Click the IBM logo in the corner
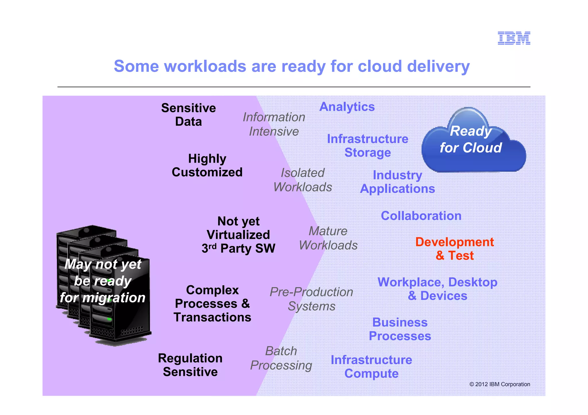coord(514,38)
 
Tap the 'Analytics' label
coord(347,107)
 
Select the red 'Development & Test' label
coord(454,249)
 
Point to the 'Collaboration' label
coord(421,216)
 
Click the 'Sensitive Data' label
coord(188,115)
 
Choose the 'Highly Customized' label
coord(207,165)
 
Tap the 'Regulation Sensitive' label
coord(190,365)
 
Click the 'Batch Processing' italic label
coord(281,358)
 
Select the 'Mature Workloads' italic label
coord(328,238)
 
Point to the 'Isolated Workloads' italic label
coord(303,180)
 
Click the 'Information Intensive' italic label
coord(274,124)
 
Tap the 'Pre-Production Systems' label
coord(312,299)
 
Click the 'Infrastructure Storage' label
coord(367,146)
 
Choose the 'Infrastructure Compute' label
coord(371,367)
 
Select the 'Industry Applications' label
coord(397,182)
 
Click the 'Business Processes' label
coord(400,329)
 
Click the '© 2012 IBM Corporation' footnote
coord(500,384)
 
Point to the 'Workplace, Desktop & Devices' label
coord(437,289)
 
